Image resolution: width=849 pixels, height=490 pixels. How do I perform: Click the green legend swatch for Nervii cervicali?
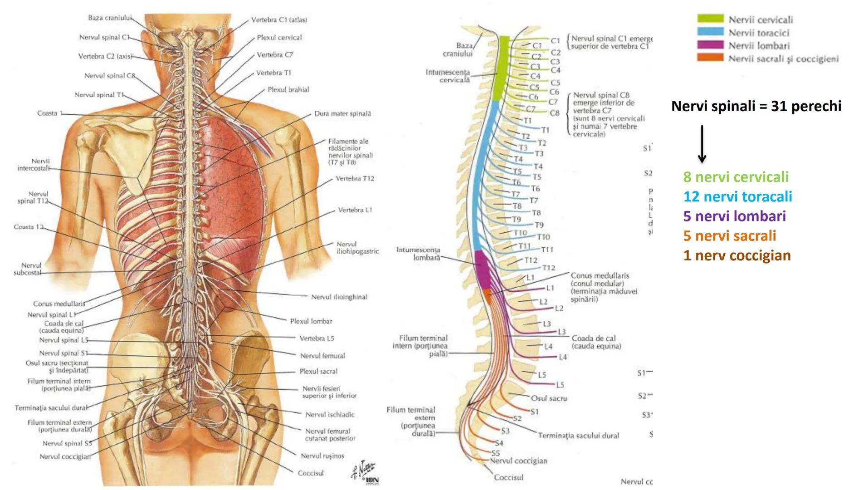(710, 19)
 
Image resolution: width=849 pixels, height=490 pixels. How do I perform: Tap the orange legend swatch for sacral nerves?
(710, 58)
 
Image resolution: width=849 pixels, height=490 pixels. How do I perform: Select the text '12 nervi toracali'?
(738, 196)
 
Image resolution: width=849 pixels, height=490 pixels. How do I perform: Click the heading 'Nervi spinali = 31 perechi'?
(756, 106)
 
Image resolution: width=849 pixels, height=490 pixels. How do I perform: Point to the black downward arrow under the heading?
(702, 144)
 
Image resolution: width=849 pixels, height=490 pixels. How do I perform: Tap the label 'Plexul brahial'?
(288, 90)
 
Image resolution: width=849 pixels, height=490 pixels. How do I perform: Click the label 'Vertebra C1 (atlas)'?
(279, 20)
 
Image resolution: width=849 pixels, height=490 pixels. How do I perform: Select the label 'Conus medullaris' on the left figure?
(59, 304)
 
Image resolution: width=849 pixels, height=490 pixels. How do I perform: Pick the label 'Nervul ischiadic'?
(330, 414)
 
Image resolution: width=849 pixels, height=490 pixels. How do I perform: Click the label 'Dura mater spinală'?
(342, 113)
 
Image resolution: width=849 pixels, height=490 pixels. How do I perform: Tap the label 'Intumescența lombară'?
(418, 254)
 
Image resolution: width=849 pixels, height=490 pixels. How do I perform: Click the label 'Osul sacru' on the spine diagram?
(549, 398)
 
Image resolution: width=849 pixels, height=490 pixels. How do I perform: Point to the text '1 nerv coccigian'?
(737, 255)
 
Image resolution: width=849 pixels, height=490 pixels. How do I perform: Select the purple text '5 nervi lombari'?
(734, 216)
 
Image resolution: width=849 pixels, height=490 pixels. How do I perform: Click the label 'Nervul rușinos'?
(322, 456)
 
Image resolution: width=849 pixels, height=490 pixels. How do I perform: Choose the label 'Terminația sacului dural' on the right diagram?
(578, 436)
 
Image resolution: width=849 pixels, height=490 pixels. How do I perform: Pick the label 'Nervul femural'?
(322, 356)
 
